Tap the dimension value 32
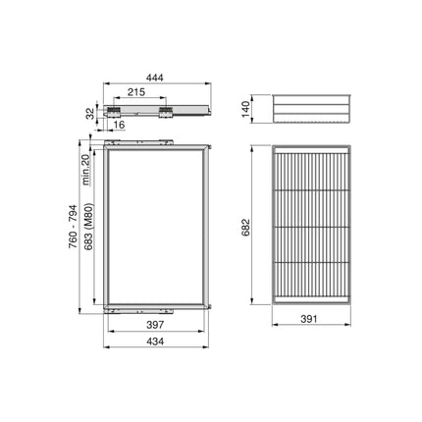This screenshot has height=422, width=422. coord(90,111)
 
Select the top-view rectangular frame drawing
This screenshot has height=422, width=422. coord(157,226)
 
